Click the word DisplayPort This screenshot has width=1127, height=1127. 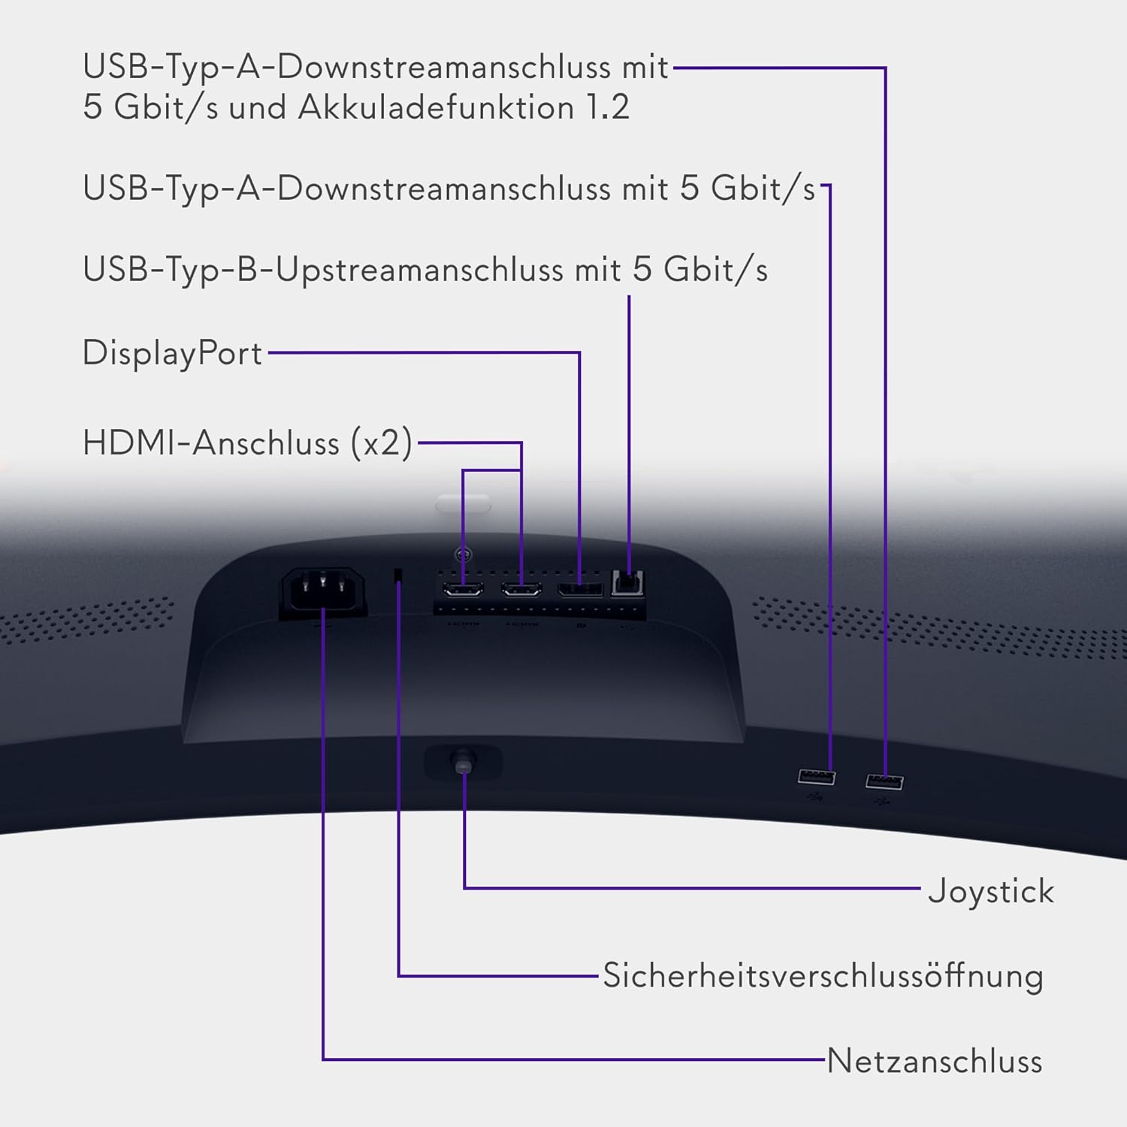[172, 352]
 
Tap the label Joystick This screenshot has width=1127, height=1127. [990, 891]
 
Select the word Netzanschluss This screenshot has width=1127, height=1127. [934, 1061]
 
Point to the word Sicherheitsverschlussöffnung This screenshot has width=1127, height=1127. [823, 975]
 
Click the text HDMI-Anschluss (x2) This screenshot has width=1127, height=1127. [247, 443]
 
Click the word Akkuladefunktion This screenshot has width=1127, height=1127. [437, 107]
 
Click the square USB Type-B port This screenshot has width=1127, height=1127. [627, 583]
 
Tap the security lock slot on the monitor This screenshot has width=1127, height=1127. [397, 576]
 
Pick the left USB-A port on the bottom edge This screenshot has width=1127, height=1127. [817, 776]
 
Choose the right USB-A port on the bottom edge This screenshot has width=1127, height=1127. [884, 781]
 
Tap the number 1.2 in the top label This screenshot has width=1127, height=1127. [607, 107]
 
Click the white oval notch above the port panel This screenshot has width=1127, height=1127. [463, 503]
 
